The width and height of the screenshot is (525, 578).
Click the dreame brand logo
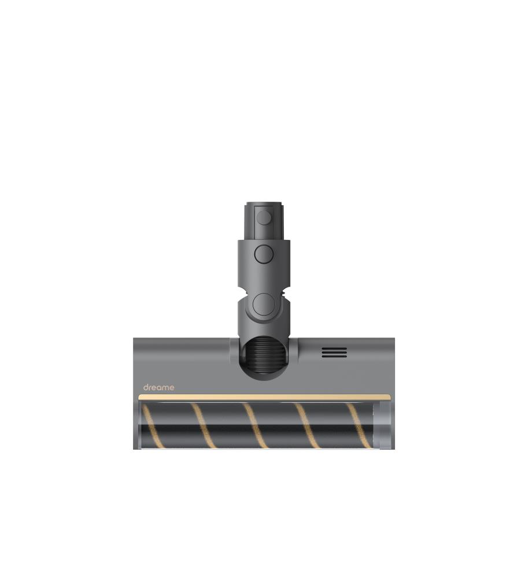click(158, 387)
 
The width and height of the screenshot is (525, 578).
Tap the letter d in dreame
click(145, 387)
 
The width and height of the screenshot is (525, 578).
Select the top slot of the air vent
click(334, 348)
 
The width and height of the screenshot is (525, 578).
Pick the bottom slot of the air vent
click(334, 356)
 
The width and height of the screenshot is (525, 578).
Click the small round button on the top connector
click(264, 217)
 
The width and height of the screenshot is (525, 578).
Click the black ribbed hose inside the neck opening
click(264, 355)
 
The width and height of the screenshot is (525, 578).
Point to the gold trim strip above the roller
click(264, 397)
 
